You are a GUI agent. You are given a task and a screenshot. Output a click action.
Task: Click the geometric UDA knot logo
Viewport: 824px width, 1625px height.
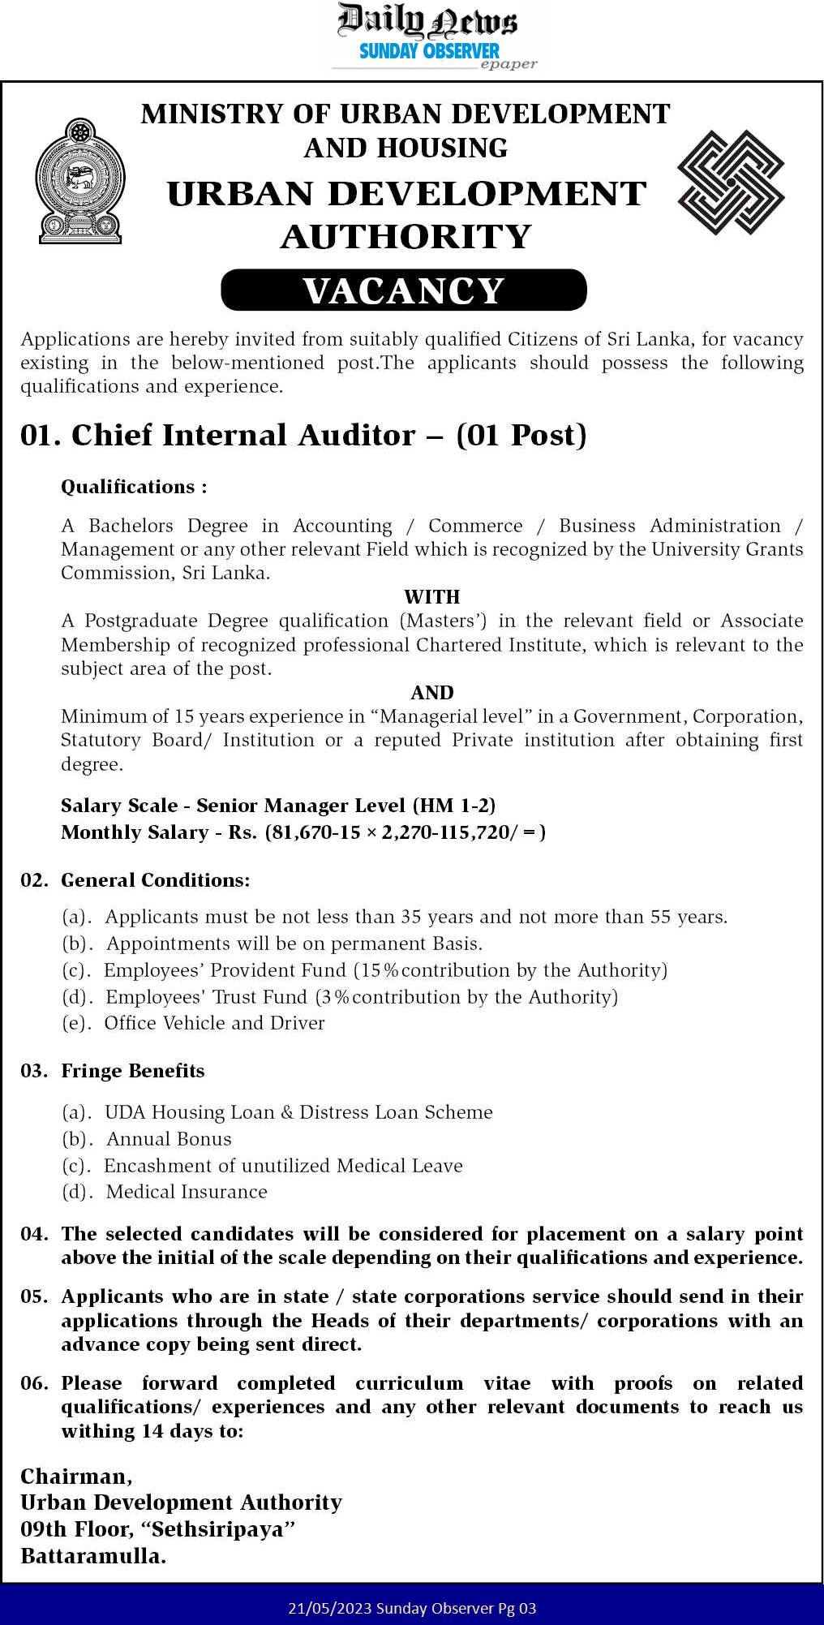(731, 183)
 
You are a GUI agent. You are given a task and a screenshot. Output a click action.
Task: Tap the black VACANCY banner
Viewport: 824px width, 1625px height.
(404, 290)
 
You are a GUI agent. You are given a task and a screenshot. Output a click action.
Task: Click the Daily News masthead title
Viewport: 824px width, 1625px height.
(427, 20)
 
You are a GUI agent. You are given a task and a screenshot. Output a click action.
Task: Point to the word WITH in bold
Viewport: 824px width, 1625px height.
(432, 597)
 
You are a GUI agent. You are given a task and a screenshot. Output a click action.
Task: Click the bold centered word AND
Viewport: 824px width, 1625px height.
(432, 693)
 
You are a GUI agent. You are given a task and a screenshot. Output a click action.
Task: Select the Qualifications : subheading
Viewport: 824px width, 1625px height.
(134, 487)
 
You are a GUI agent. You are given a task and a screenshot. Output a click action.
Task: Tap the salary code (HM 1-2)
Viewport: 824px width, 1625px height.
(453, 806)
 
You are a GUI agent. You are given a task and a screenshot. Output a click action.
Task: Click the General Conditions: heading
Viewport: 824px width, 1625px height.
(156, 880)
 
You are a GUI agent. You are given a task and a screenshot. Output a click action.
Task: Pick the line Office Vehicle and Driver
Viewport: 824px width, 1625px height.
(214, 1023)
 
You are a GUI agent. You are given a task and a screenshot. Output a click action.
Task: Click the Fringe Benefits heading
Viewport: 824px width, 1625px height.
(133, 1071)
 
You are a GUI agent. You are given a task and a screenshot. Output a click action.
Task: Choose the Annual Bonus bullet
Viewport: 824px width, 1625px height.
(169, 1139)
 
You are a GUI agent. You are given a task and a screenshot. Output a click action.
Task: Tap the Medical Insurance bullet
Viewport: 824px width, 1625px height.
(187, 1192)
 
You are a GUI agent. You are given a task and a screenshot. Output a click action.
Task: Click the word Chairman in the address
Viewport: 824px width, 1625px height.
(75, 1476)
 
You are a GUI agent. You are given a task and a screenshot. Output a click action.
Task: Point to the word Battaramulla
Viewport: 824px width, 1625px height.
(92, 1556)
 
